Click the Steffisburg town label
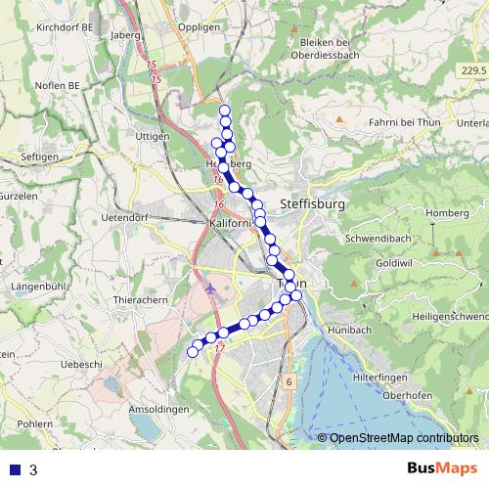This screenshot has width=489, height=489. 313,204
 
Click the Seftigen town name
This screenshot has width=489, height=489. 40,156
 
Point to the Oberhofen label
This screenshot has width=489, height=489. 409,395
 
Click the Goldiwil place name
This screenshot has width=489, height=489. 393,264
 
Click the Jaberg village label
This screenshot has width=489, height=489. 127,35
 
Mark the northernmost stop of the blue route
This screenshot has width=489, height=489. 225,111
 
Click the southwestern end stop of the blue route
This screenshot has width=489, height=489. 192,352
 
